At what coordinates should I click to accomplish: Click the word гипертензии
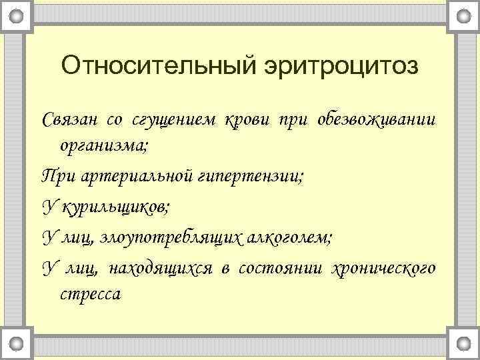(249, 176)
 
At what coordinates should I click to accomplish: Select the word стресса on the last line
(91, 294)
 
